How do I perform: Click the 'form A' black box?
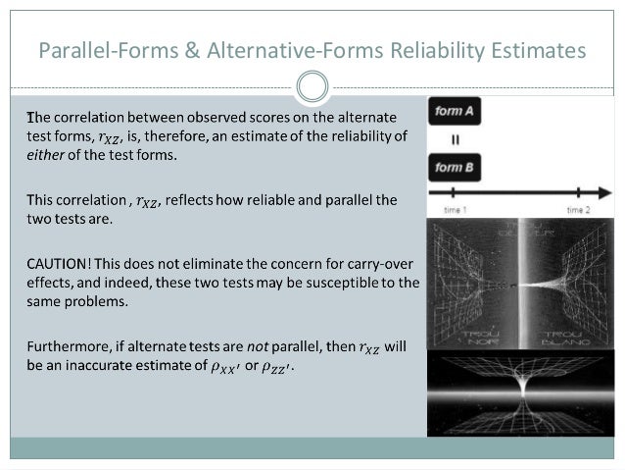tap(456, 112)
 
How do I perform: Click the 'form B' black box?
tap(456, 168)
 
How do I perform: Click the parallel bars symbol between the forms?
tap(455, 140)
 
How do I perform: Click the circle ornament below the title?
tap(312, 87)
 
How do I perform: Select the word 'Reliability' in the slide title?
tap(433, 48)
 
